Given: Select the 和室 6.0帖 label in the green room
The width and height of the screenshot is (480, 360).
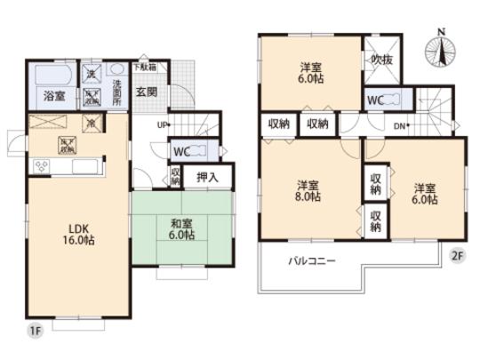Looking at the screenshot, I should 177,231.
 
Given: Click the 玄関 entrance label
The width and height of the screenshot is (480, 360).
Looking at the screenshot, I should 147,89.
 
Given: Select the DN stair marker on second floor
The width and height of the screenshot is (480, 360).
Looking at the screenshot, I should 400,126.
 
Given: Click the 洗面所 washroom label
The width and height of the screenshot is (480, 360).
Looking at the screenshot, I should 116,91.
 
